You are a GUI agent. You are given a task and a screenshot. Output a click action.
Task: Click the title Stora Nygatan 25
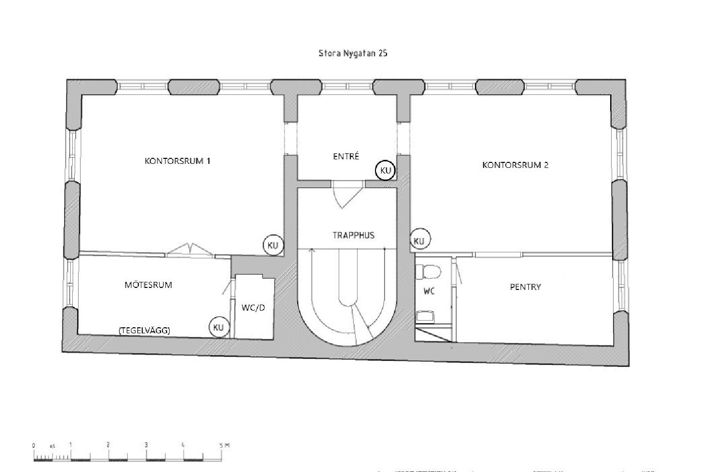pos(353,53)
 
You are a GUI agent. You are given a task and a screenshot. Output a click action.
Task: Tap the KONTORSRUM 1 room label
pos(177,161)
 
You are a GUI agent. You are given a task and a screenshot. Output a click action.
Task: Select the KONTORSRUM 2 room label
pos(515,165)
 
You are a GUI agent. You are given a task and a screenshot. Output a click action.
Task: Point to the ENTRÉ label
pos(346,156)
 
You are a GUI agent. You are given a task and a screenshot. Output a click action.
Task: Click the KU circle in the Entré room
pos(385,170)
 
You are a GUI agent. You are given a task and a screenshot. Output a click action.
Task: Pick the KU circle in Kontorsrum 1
pos(273,245)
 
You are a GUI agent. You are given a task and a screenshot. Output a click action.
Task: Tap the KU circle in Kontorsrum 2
pos(420,239)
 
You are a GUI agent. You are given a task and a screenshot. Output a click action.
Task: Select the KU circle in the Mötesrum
pos(219,327)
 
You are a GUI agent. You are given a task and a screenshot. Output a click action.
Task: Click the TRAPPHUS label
pos(353,235)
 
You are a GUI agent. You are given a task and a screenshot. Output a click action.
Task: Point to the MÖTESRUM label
pos(148,285)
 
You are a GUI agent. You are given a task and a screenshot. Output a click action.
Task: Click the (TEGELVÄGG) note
pos(144,330)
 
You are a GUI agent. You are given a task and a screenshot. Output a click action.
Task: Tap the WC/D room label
pos(253,308)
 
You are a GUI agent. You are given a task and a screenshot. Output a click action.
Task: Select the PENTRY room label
pos(525,287)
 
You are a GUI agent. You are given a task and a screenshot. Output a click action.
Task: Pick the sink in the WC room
pos(425,316)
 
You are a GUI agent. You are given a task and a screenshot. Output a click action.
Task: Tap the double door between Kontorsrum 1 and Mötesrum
pos(191,250)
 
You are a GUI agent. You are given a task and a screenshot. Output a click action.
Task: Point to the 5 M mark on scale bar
pos(225,445)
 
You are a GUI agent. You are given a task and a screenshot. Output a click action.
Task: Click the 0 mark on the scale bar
pos(33,445)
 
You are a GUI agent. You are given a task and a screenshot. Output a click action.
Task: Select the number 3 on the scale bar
pos(146,445)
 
